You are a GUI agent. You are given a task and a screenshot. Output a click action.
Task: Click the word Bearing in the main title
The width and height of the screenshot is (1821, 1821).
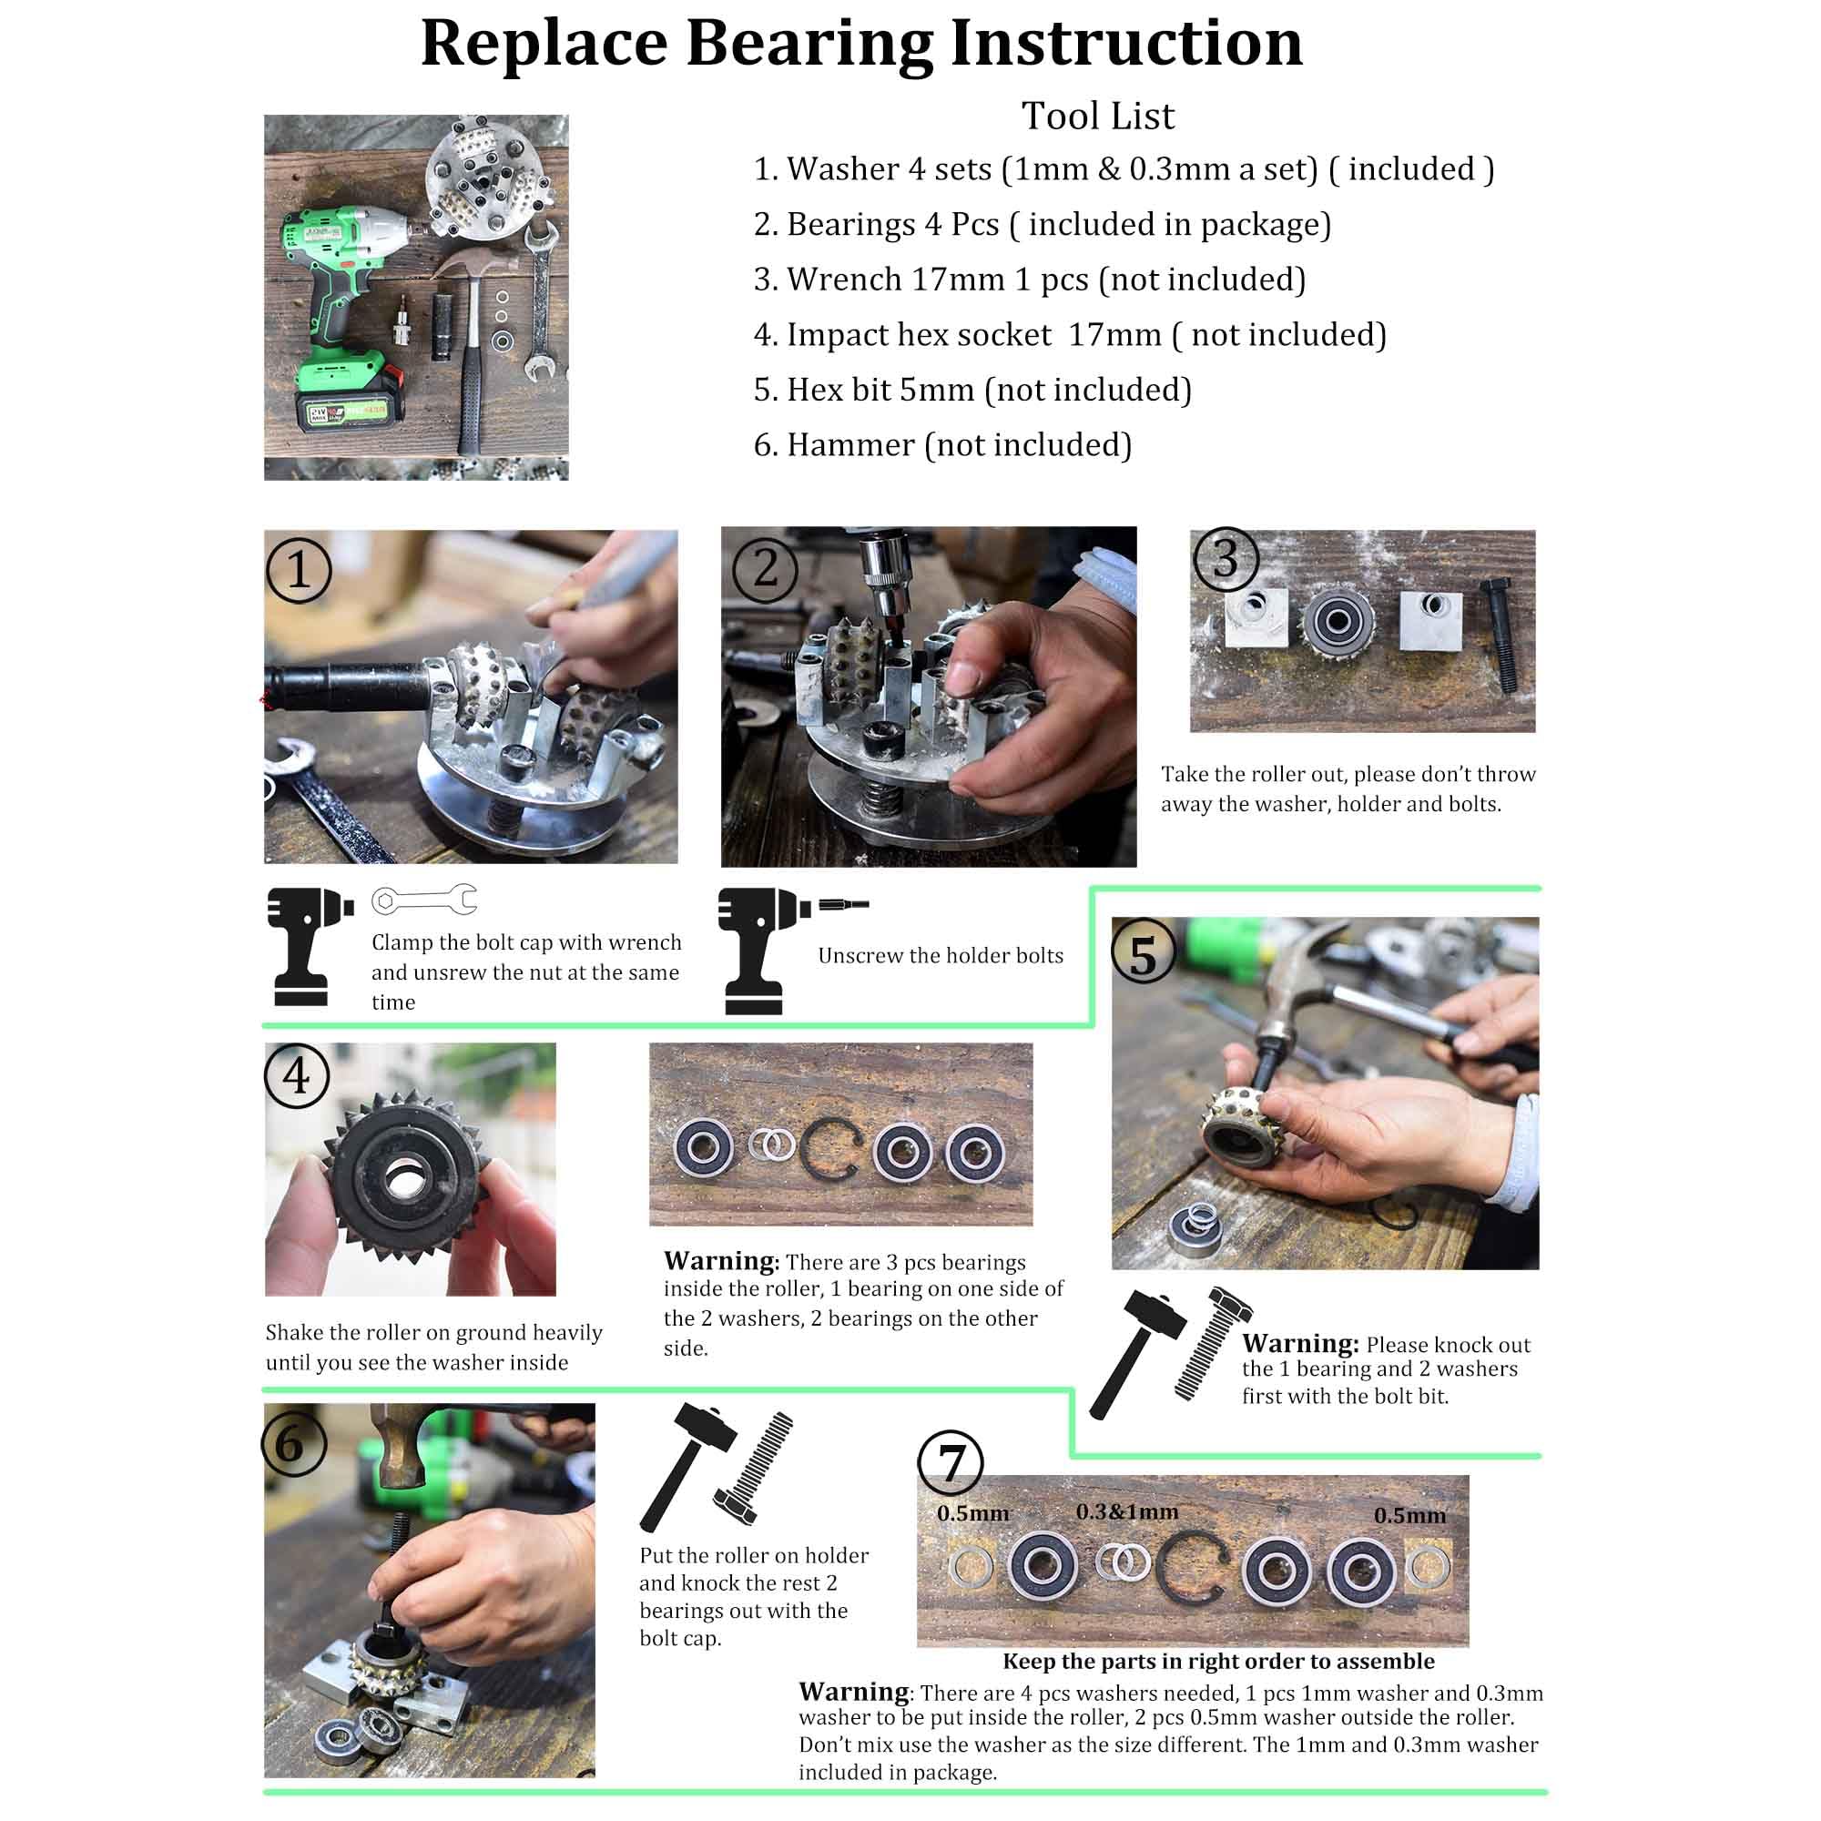pos(809,45)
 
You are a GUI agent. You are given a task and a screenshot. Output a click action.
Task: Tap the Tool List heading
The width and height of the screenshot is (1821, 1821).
pos(1097,116)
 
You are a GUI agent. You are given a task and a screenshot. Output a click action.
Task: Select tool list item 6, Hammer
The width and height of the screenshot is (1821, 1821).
pos(942,445)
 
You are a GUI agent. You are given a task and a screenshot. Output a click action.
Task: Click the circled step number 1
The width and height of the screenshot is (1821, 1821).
pos(298,569)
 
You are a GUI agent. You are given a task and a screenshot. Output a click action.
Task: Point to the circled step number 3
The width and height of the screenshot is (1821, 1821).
pos(1225,559)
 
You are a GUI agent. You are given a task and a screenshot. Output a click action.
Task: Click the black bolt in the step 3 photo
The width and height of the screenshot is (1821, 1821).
pos(1501,636)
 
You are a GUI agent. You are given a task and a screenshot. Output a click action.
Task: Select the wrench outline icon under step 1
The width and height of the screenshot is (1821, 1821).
pos(424,900)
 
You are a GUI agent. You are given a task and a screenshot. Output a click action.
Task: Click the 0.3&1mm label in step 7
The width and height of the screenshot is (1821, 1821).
pos(1126,1512)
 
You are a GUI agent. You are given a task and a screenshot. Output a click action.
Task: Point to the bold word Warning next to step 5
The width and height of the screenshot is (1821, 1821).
pos(1299,1343)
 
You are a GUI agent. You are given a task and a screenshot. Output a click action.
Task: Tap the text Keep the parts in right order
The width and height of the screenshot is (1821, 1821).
pos(1217,1661)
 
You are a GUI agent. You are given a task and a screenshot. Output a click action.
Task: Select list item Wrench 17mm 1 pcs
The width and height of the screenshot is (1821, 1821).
pos(1029,279)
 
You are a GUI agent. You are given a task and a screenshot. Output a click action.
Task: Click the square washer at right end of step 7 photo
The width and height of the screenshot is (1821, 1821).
pos(1427,1566)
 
